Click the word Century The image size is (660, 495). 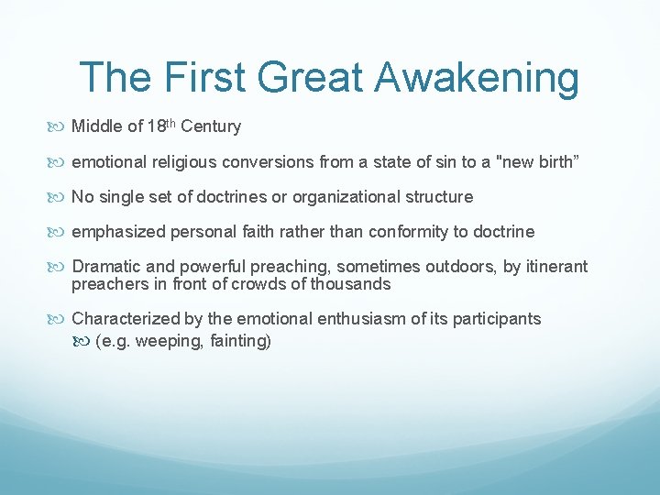(213, 126)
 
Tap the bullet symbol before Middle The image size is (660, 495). (60, 127)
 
